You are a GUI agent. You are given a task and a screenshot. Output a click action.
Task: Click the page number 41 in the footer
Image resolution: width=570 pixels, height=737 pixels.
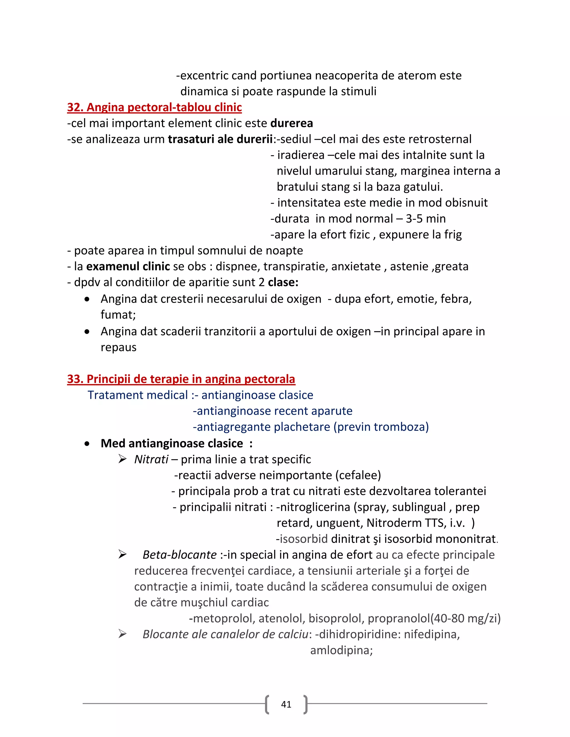286,704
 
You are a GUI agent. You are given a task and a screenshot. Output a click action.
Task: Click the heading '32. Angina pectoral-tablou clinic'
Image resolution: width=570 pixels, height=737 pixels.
154,107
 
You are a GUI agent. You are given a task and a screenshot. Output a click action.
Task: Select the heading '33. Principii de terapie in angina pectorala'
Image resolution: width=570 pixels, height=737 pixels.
181,379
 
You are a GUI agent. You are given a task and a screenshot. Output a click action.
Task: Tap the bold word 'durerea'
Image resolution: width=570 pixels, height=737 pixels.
291,123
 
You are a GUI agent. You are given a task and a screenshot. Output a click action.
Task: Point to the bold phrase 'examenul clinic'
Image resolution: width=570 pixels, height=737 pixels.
128,266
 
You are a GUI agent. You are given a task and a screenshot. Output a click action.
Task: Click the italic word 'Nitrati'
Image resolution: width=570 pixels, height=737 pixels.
151,459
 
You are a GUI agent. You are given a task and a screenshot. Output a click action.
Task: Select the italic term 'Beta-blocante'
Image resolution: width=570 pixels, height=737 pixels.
179,555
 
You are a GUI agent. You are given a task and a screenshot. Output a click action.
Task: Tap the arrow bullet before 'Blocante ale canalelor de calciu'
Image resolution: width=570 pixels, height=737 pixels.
122,634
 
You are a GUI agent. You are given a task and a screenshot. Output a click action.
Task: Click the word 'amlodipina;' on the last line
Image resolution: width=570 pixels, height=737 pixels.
341,650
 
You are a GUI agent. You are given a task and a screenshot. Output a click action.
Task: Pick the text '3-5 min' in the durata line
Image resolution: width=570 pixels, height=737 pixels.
426,219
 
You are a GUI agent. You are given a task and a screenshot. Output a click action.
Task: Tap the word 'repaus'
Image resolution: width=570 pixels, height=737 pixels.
119,347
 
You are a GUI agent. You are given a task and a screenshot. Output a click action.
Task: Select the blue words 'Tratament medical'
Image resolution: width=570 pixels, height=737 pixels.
137,395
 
